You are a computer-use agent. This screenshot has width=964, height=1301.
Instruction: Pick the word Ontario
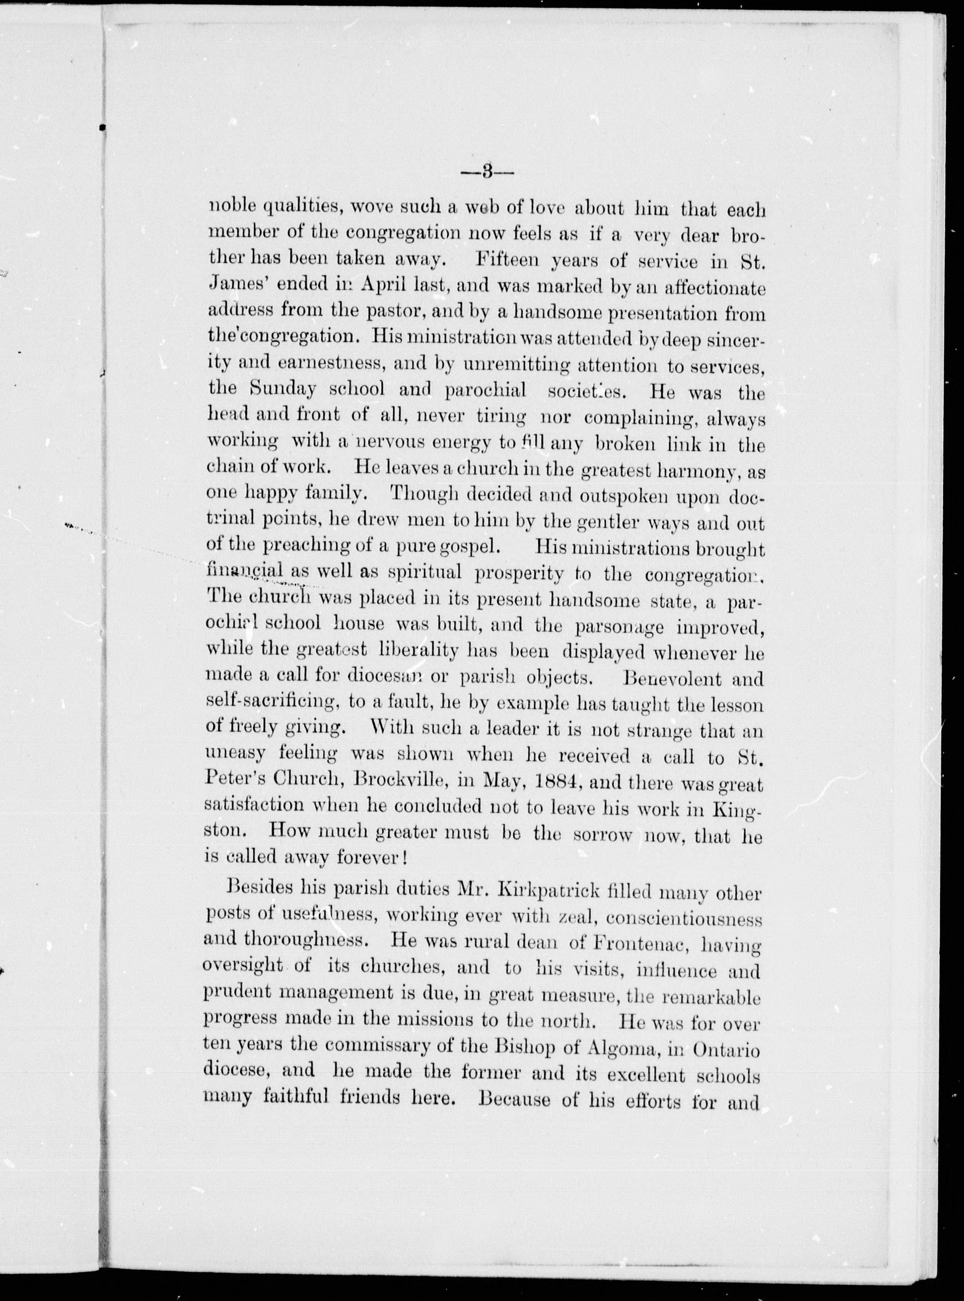pos(727,1050)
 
